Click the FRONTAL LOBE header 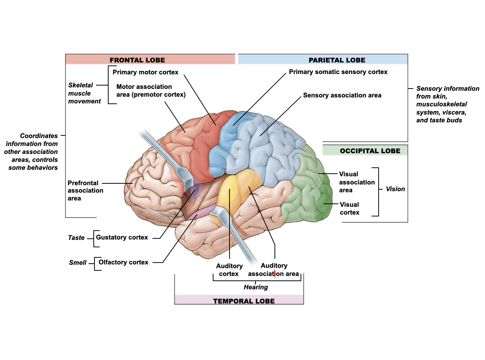click(x=137, y=60)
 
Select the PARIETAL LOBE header click(x=337, y=60)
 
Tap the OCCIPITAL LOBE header click(x=370, y=151)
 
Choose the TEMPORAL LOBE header click(x=244, y=301)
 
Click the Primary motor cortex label click(x=145, y=72)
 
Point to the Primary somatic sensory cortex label click(x=338, y=72)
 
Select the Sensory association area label click(x=342, y=95)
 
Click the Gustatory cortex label click(x=122, y=237)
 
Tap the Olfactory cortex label click(x=123, y=262)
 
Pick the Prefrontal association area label click(x=85, y=190)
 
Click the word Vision click(x=395, y=189)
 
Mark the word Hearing click(x=256, y=287)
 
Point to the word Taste click(x=76, y=238)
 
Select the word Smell click(x=77, y=263)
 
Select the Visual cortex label click(x=349, y=209)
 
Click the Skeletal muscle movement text click(x=84, y=93)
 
